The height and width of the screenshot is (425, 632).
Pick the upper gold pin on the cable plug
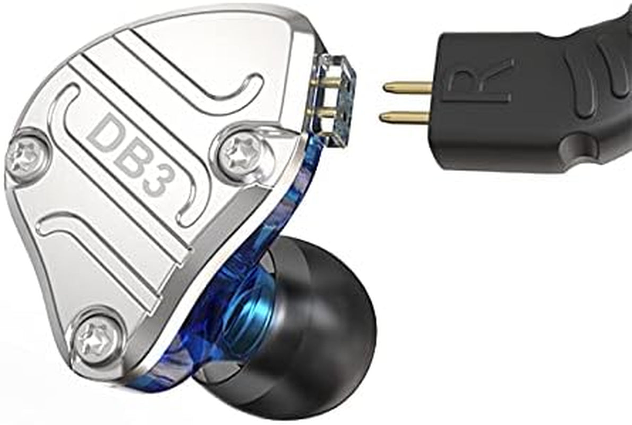tap(407, 86)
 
